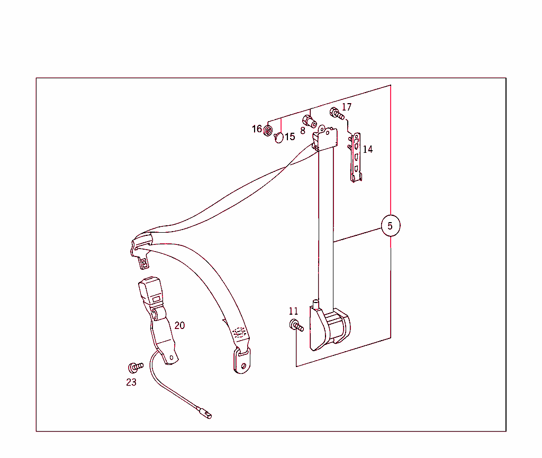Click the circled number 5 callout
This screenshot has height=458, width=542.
(x=391, y=225)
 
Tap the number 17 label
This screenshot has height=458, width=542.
(x=346, y=107)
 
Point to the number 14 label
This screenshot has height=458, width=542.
(x=368, y=149)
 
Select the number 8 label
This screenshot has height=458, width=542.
(x=303, y=131)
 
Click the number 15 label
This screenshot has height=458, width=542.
(x=290, y=137)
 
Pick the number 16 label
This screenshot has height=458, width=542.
(x=257, y=129)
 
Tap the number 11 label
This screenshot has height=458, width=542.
(x=293, y=311)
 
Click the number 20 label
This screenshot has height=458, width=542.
(x=179, y=325)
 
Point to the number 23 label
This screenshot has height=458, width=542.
(x=131, y=382)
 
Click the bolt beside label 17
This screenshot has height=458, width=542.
(x=337, y=113)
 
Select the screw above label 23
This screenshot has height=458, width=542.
(x=135, y=367)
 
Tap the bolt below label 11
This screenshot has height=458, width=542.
(x=296, y=325)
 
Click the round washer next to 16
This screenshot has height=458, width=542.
(x=268, y=131)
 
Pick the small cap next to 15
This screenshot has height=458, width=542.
(x=279, y=138)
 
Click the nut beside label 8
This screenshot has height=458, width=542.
(x=309, y=121)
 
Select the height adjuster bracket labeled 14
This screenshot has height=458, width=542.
(x=356, y=157)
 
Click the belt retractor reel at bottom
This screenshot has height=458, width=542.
(x=330, y=326)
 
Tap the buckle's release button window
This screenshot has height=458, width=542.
(x=157, y=299)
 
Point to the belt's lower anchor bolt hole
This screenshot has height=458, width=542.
(x=243, y=366)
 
